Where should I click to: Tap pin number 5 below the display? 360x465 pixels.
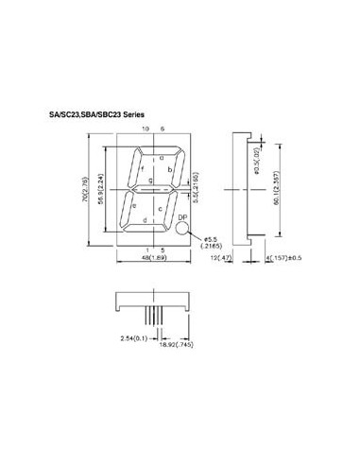coord(162,249)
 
